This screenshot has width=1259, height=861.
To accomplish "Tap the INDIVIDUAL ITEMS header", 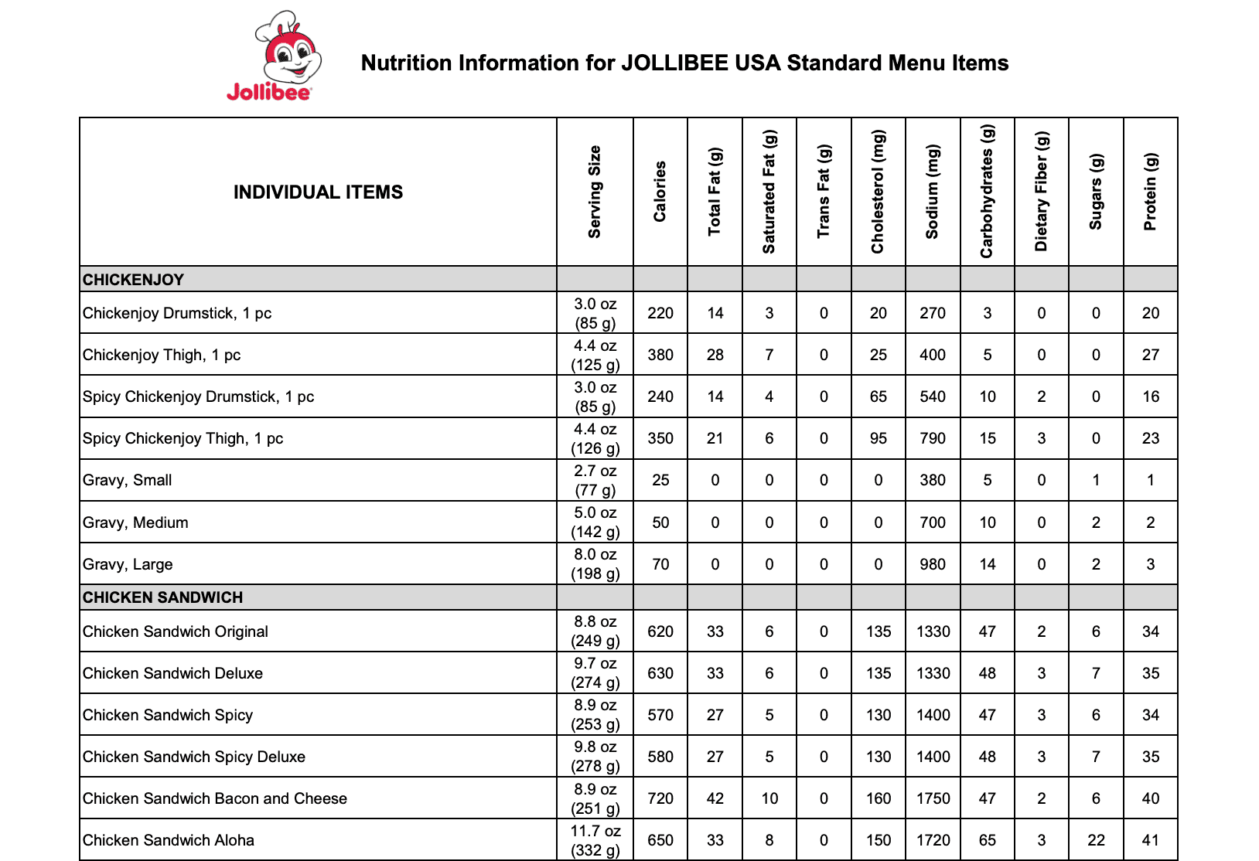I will click(x=318, y=192).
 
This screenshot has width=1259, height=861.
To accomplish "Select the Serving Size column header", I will click(x=595, y=192).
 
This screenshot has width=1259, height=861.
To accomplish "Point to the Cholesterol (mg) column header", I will click(x=878, y=192).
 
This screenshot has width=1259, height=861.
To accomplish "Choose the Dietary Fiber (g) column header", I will click(x=1042, y=192).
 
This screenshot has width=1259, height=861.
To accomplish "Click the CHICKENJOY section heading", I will click(x=133, y=280).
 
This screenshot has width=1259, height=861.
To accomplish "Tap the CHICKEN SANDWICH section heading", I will click(x=162, y=597).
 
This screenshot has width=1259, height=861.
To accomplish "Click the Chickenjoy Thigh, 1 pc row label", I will click(x=162, y=355).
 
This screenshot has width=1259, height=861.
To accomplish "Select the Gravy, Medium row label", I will click(x=135, y=522).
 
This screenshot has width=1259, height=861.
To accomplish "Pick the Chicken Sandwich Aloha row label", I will click(x=169, y=840).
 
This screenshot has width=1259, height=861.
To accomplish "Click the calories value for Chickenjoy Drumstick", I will click(x=660, y=313).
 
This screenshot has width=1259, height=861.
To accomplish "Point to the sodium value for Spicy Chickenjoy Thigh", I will click(x=933, y=438).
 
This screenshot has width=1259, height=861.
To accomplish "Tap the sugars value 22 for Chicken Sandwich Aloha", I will click(x=1096, y=840).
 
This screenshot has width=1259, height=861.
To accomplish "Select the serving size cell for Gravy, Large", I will click(x=595, y=564).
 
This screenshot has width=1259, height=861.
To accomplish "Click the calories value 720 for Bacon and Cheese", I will click(x=660, y=798).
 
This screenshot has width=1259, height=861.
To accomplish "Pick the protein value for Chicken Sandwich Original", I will click(x=1151, y=631).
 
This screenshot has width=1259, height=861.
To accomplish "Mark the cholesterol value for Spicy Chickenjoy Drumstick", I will click(x=878, y=396).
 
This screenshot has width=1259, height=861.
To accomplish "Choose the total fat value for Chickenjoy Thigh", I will click(x=715, y=355).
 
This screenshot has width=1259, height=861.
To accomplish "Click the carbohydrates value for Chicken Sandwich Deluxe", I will click(x=987, y=673).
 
